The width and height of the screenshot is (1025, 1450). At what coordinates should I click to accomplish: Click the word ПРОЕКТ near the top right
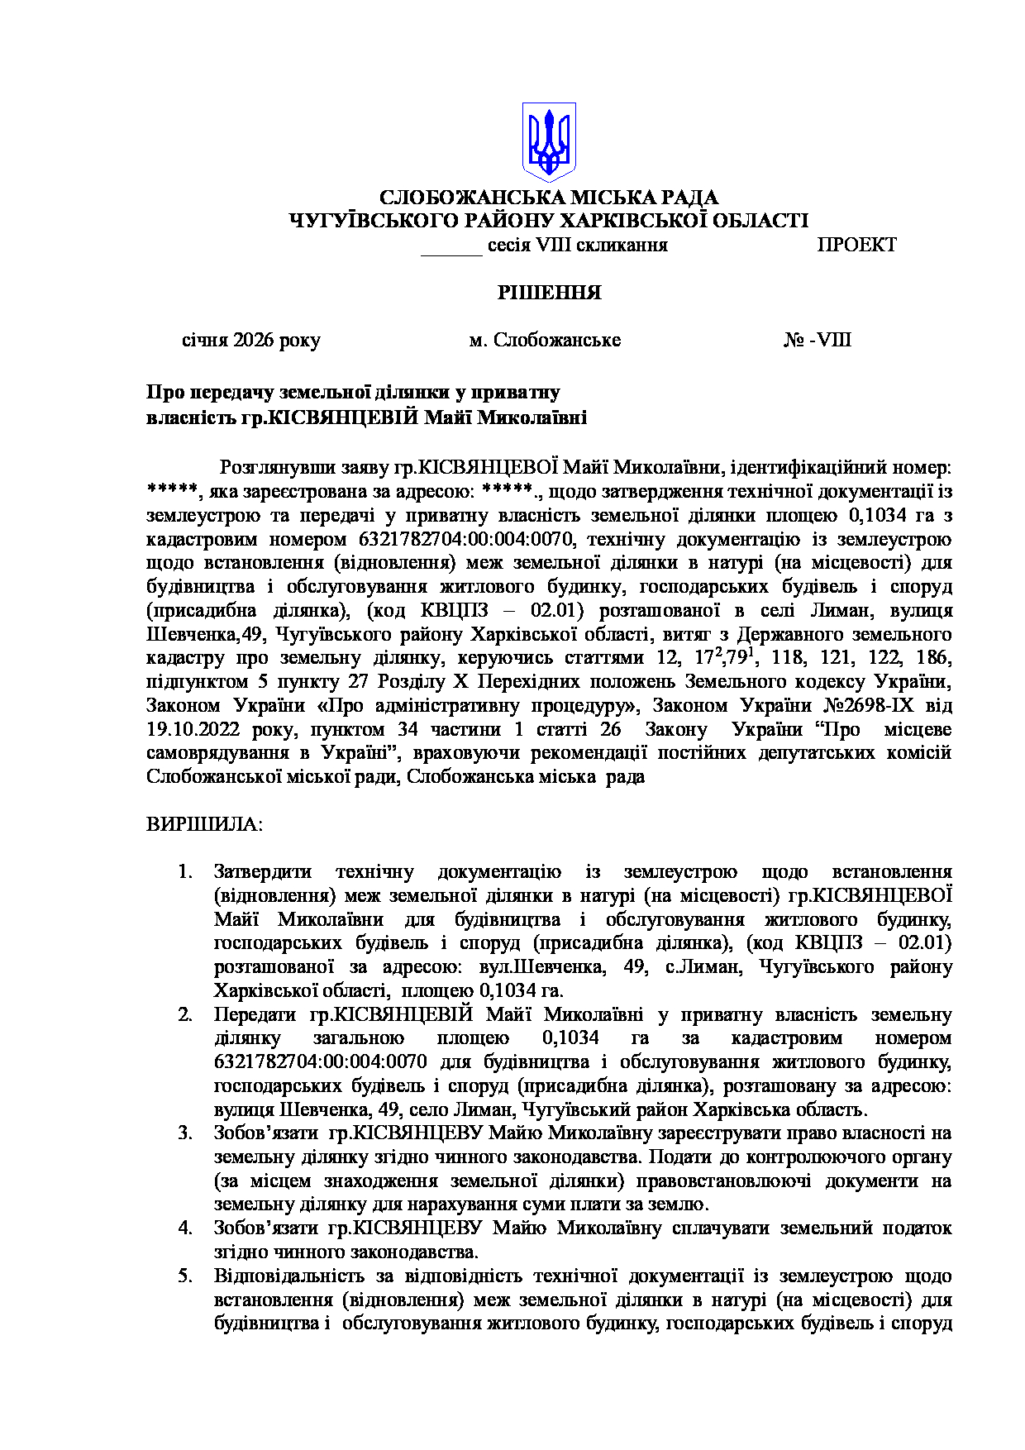(x=856, y=245)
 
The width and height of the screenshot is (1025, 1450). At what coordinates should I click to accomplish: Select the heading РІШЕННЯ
(x=549, y=293)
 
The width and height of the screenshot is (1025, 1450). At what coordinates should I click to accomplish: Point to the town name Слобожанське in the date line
(x=556, y=341)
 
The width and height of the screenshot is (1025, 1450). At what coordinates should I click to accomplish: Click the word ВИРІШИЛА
(x=204, y=824)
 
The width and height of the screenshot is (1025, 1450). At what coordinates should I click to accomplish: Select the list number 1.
(x=185, y=872)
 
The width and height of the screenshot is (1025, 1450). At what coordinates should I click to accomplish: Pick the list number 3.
(x=185, y=1133)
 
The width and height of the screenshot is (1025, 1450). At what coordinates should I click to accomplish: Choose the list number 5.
(x=185, y=1276)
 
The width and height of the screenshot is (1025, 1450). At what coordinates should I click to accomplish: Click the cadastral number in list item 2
(x=321, y=1062)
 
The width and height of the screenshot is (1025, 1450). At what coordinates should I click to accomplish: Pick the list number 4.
(x=185, y=1228)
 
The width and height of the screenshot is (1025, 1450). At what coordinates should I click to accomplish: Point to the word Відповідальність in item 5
(x=280, y=1276)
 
